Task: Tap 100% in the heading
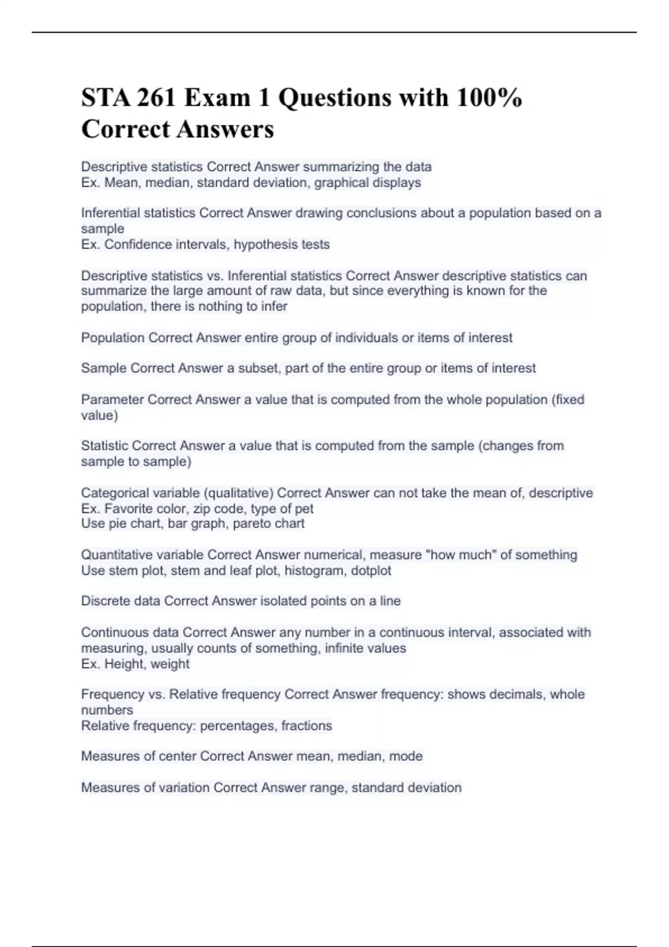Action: (489, 98)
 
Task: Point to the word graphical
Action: (340, 183)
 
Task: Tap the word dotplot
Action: (371, 570)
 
